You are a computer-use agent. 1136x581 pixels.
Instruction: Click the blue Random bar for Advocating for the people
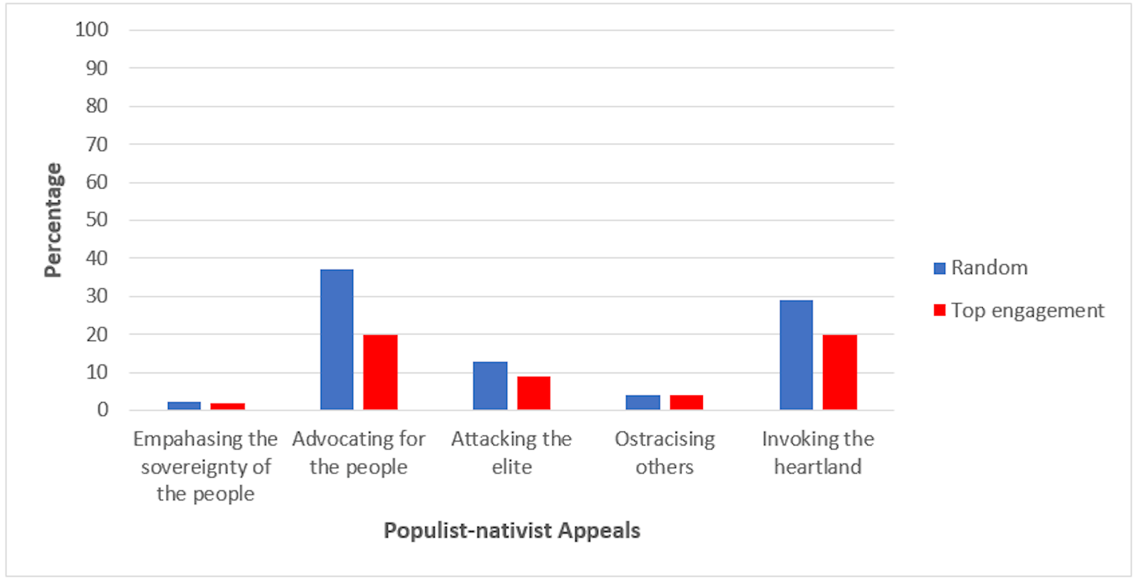(337, 339)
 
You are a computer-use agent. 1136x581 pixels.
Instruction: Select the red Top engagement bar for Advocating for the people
(380, 372)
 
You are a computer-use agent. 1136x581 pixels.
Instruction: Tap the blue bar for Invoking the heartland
(796, 355)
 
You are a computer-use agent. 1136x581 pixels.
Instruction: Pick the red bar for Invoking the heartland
(840, 372)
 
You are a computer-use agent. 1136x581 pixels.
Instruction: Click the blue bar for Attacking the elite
(490, 385)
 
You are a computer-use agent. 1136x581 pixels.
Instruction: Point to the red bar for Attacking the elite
(534, 393)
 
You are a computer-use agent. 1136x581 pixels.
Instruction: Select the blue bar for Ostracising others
(643, 403)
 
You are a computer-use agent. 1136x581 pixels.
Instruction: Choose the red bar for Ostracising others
(686, 403)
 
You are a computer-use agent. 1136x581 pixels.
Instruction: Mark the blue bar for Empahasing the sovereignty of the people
(184, 405)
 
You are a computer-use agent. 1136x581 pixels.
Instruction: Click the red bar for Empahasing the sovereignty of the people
(228, 406)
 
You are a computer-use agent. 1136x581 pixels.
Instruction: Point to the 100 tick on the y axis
(92, 30)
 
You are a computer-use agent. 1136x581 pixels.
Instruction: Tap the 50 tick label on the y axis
(97, 220)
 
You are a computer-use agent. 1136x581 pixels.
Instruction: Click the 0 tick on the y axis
(103, 410)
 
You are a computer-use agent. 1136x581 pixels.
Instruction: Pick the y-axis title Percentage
(53, 220)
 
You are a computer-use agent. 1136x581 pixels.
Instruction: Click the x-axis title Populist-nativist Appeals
(512, 530)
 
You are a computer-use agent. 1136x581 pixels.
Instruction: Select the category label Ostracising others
(664, 453)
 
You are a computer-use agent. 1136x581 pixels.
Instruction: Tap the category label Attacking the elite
(512, 453)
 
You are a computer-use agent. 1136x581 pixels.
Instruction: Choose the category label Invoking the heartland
(818, 453)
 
